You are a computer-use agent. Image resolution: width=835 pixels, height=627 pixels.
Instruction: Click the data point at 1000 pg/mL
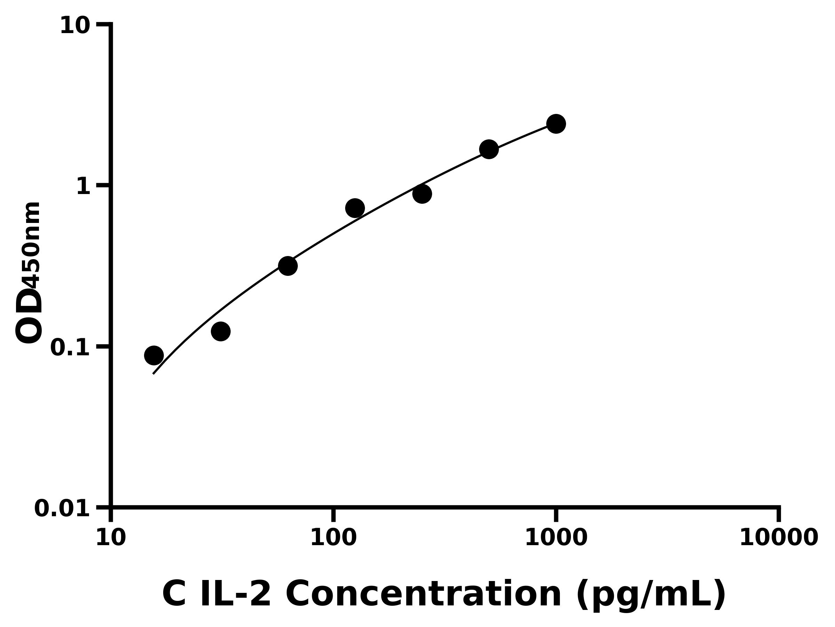(556, 124)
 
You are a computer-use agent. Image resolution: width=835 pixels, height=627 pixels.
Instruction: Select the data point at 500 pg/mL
(489, 149)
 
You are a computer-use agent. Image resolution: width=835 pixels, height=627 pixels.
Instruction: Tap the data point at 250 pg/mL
(422, 194)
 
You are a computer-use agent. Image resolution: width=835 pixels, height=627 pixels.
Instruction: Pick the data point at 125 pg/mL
(355, 208)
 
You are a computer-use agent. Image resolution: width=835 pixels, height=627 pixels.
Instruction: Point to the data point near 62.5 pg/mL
(288, 266)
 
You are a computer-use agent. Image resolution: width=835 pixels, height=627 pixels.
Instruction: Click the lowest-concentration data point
(154, 355)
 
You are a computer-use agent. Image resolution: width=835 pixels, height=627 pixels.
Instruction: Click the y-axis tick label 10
(75, 26)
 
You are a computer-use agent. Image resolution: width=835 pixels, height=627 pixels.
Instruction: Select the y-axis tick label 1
(83, 187)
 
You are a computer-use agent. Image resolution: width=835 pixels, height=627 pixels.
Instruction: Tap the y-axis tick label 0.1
(70, 348)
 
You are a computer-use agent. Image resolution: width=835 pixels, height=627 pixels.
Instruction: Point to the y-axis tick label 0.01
(62, 509)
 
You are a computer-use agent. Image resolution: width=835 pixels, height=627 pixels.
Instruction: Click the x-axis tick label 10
(111, 538)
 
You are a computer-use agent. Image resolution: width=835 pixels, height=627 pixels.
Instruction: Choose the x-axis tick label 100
(333, 538)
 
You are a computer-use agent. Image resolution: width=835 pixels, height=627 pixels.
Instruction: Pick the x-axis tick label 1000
(556, 538)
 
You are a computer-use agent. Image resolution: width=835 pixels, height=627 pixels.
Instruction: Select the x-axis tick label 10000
(778, 538)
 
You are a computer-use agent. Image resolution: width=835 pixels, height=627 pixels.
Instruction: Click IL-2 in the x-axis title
(234, 595)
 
